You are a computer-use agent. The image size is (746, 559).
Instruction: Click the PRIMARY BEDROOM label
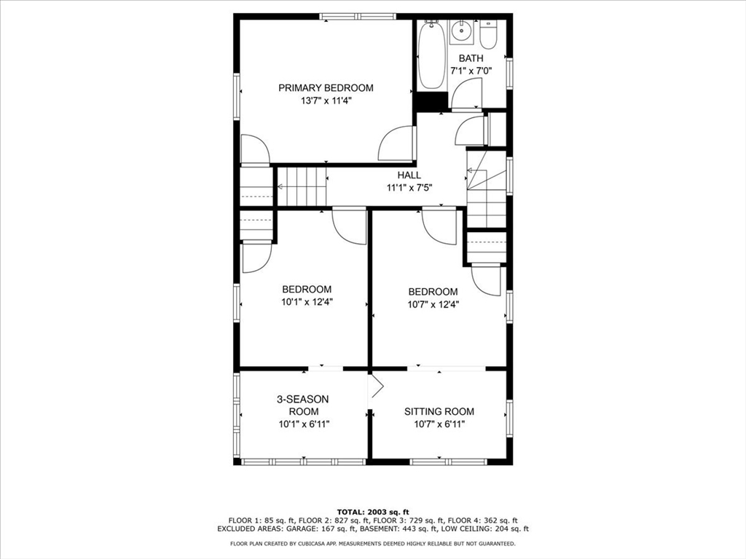tap(326, 88)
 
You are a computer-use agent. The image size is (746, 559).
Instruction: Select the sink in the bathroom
tap(461, 32)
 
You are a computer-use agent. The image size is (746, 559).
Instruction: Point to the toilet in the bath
tap(488, 35)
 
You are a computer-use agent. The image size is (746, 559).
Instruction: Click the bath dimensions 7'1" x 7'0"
tap(471, 71)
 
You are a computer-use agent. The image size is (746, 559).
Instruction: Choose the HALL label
tap(409, 175)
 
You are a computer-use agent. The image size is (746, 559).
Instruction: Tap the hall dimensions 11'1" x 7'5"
tap(409, 187)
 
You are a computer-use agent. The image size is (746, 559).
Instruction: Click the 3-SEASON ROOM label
tap(302, 405)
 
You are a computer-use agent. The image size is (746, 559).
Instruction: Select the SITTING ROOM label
tap(439, 411)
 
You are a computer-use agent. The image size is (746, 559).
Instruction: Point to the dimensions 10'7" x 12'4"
tap(433, 304)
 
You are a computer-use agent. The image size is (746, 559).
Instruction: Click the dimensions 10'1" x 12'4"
tap(307, 301)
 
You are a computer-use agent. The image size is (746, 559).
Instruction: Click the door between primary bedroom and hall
tap(398, 144)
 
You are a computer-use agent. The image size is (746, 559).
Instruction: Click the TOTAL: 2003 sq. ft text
tap(372, 512)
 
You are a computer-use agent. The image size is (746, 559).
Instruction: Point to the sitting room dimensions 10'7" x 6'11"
tap(439, 424)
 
